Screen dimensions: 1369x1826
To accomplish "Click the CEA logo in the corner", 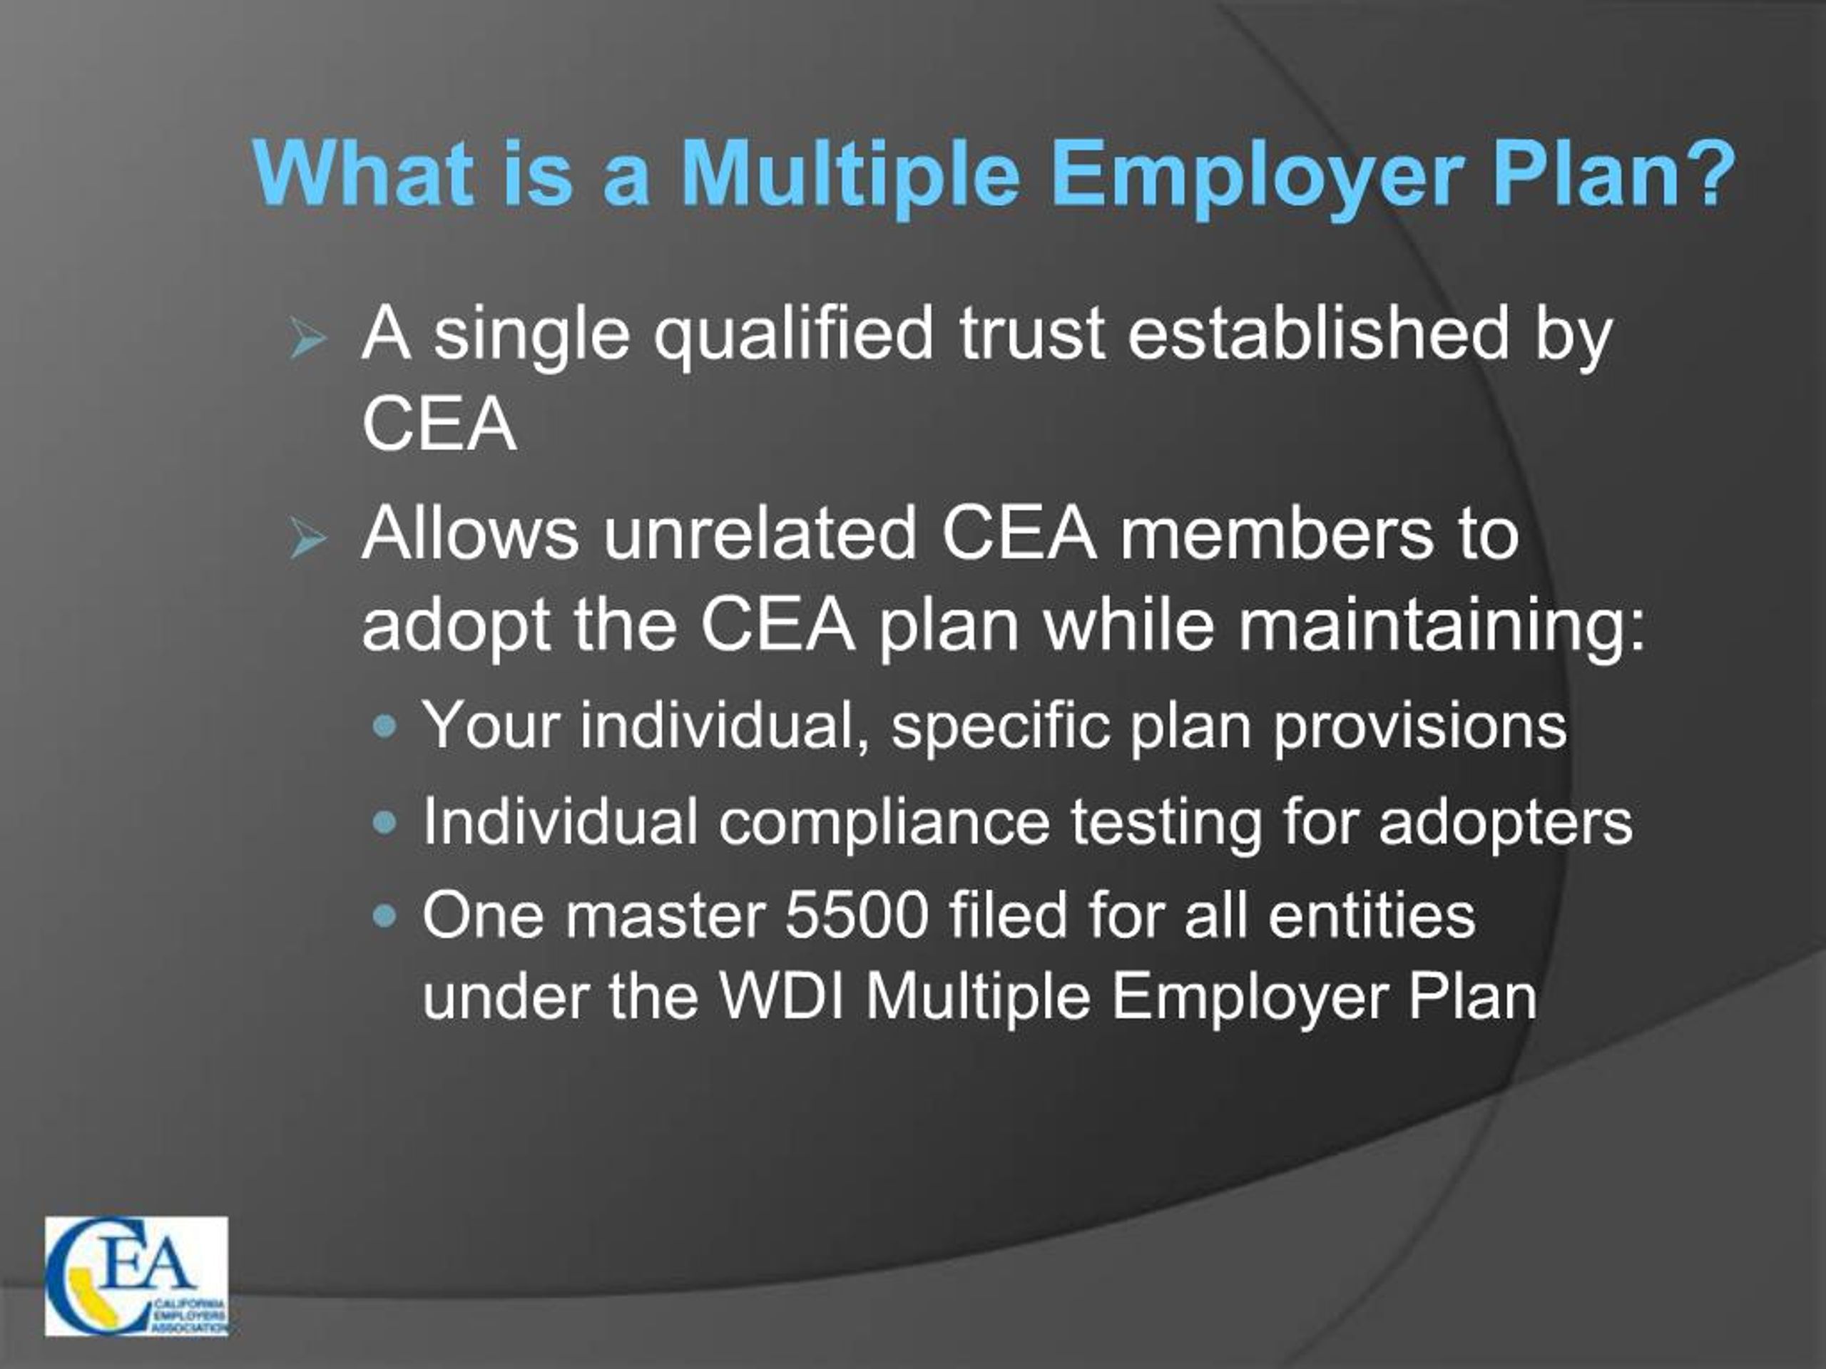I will [x=137, y=1276].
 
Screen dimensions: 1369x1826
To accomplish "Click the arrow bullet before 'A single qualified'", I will [x=308, y=339].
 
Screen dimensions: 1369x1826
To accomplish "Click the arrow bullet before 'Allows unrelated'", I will [x=308, y=540].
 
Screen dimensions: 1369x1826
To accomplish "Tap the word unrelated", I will [x=759, y=534].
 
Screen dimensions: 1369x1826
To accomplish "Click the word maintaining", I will [x=1442, y=625].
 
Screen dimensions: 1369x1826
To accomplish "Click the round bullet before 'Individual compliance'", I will [x=384, y=822].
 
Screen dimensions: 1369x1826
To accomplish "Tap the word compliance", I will [x=883, y=824].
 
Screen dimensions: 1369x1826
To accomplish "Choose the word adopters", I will [x=1505, y=824].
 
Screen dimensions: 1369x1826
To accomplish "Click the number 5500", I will [x=856, y=916].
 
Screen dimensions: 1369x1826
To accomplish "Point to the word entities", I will [x=1371, y=916].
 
